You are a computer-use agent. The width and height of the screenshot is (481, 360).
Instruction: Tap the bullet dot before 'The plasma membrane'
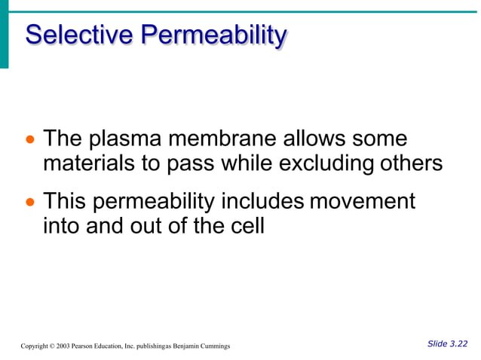coord(30,142)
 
